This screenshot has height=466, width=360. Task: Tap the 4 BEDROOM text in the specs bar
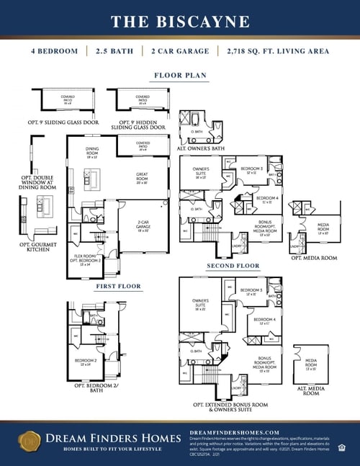tap(55, 51)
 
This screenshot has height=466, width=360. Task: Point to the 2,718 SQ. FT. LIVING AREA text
tap(277, 51)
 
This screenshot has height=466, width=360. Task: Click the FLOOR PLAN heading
tap(180, 75)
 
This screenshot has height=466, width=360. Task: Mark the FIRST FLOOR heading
tap(119, 286)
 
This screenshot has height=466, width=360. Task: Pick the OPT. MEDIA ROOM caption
tap(313, 257)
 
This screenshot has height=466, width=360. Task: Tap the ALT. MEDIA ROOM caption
tap(311, 391)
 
